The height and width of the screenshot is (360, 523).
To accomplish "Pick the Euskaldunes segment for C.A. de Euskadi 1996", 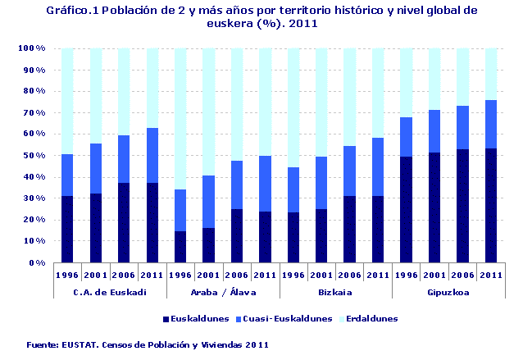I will pyautogui.click(x=68, y=229).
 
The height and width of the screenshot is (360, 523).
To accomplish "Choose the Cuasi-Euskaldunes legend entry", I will pyautogui.click(x=291, y=318).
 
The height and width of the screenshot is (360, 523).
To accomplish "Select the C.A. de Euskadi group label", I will pyautogui.click(x=110, y=291).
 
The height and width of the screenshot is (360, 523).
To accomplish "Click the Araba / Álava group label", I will pyautogui.click(x=222, y=291).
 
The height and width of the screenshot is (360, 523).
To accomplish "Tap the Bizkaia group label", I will pyautogui.click(x=334, y=291).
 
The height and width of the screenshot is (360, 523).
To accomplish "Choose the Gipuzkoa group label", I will pyautogui.click(x=448, y=291).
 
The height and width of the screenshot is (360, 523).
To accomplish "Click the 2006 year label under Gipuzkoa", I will pyautogui.click(x=462, y=276).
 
